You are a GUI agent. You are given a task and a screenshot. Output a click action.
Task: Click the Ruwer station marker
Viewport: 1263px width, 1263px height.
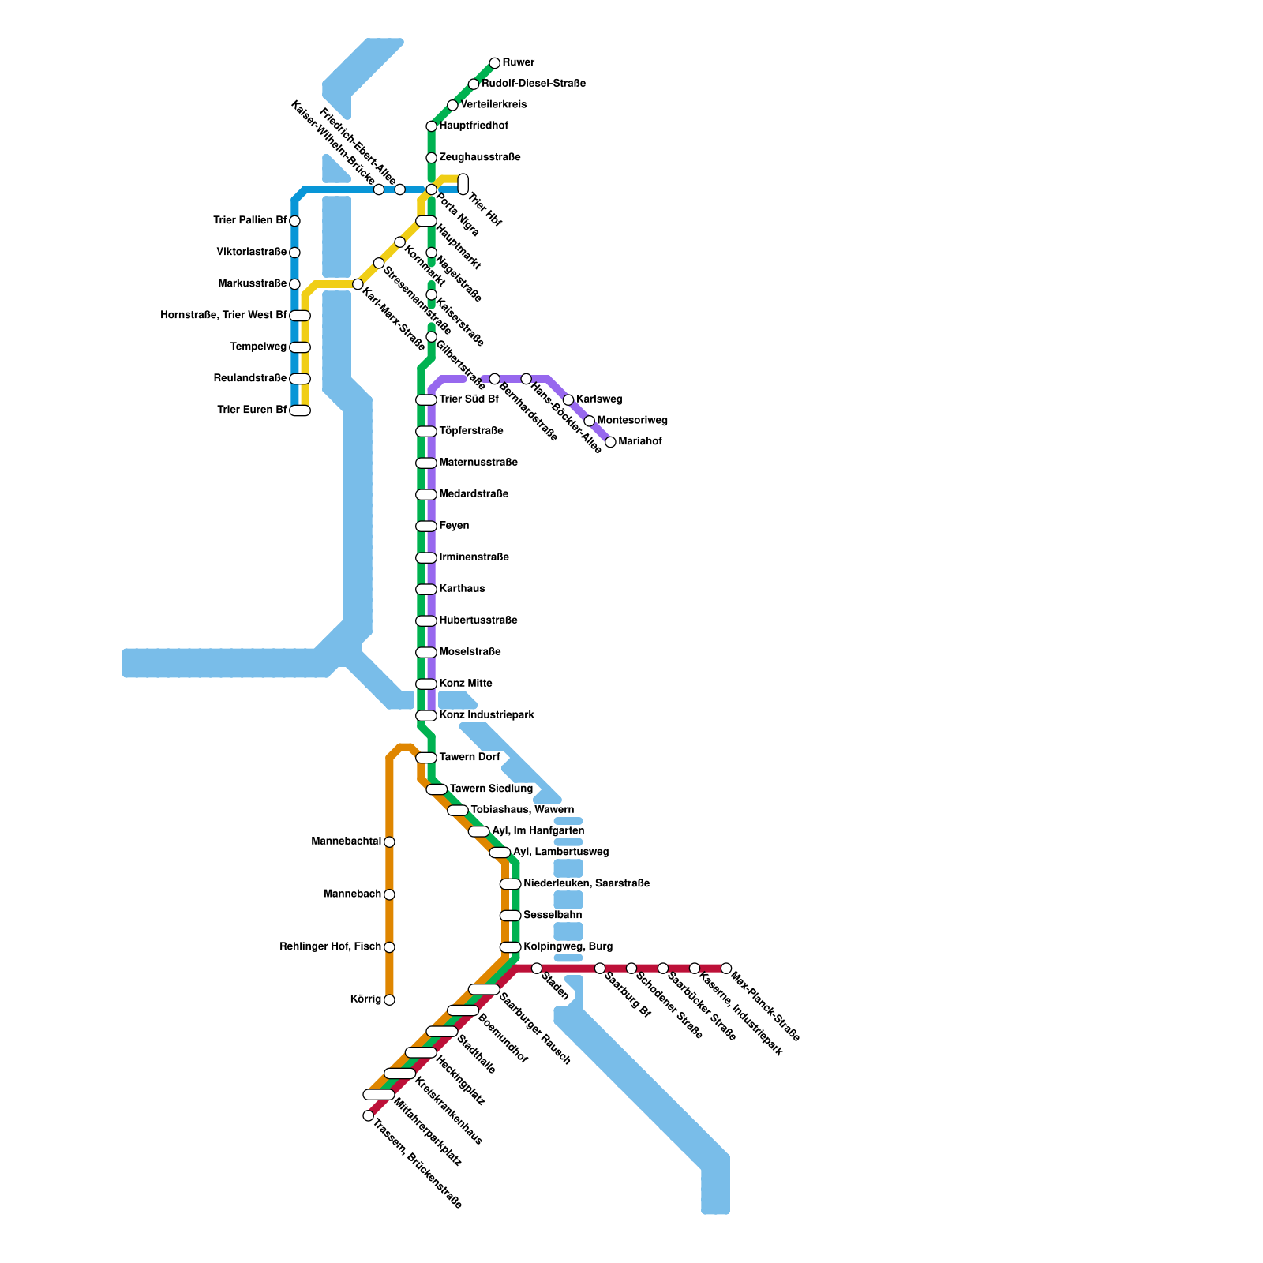494,63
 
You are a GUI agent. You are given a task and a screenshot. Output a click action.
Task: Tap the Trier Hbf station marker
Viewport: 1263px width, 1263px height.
463,184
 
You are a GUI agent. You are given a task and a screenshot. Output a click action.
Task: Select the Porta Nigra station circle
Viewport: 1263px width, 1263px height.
431,189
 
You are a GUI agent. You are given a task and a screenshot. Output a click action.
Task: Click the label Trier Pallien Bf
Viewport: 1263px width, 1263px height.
249,221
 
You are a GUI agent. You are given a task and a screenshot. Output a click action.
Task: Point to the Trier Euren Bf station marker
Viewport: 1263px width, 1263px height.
300,410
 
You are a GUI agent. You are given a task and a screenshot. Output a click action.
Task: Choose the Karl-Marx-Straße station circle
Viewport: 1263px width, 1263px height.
358,284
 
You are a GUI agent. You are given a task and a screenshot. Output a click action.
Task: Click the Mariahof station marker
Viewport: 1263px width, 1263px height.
610,442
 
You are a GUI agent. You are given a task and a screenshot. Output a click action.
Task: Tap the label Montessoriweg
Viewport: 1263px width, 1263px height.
632,421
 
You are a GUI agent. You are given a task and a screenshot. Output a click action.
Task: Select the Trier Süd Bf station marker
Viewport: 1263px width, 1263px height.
426,400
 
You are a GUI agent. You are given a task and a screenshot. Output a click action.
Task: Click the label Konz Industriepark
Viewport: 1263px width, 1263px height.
486,715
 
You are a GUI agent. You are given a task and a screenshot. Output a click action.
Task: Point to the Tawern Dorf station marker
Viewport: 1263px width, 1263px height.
426,758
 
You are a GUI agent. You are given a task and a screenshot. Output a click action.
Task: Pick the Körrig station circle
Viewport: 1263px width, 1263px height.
389,1000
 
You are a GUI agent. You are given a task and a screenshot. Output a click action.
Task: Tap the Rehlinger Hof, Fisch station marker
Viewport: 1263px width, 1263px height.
389,947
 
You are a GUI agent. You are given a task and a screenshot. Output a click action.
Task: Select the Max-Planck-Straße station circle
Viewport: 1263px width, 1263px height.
726,969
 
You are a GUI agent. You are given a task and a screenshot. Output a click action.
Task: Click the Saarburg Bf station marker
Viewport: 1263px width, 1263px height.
600,969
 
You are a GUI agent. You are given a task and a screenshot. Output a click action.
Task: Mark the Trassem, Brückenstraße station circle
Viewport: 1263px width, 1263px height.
368,1115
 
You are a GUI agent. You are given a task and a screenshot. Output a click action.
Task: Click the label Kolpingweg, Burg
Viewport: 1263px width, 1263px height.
568,946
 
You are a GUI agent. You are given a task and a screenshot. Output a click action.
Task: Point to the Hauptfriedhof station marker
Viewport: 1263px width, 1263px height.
431,126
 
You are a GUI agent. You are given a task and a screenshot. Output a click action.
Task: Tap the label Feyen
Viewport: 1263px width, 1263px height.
454,526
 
